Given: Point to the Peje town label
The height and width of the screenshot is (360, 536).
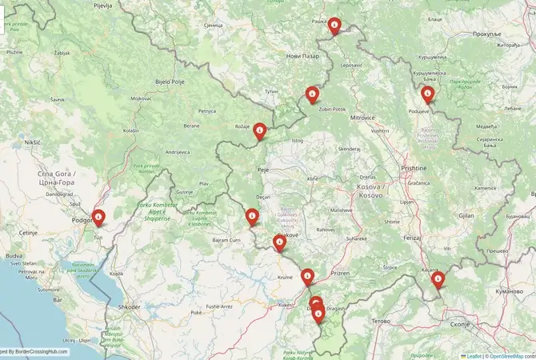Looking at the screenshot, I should [x=262, y=170].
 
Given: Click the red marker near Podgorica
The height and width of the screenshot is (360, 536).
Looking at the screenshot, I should [x=98, y=217].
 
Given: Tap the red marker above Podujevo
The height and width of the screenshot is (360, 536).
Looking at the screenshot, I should [x=428, y=94].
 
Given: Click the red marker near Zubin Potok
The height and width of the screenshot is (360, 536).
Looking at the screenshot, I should [x=312, y=94].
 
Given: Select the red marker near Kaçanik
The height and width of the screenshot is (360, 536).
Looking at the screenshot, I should [x=438, y=280].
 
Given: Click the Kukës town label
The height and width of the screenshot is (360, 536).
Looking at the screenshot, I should [x=286, y=305].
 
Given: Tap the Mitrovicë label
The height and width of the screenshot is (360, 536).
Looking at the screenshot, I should [x=362, y=118].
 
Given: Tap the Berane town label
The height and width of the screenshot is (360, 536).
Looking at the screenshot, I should [x=191, y=126].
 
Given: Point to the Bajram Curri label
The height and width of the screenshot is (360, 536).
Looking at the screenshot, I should [x=226, y=240].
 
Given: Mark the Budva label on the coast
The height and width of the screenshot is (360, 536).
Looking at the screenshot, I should [x=14, y=255].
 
